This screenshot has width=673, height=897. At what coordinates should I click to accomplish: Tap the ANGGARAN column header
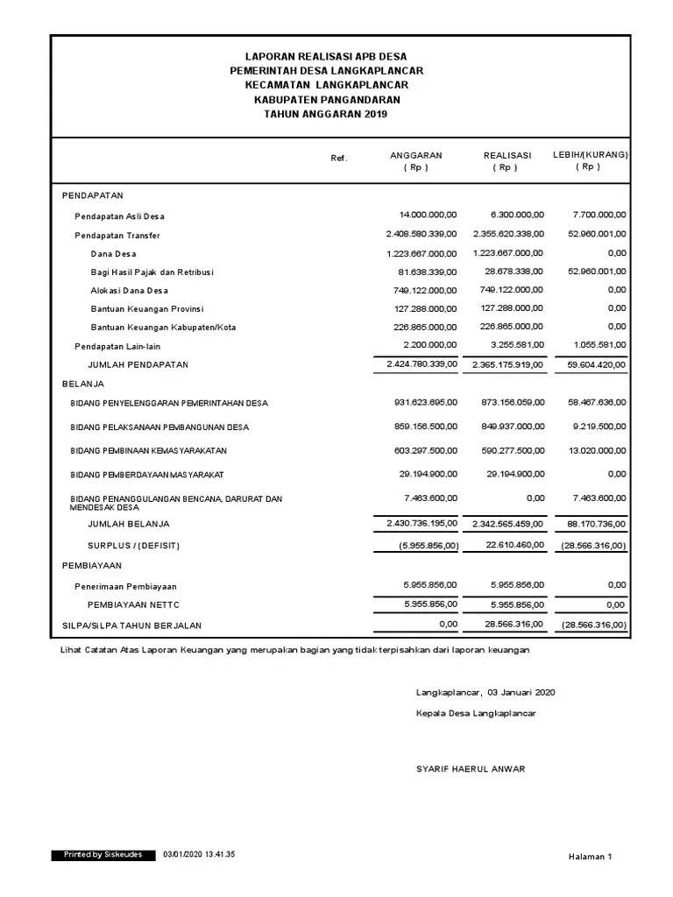[415, 155]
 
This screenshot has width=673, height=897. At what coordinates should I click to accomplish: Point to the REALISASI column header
[507, 155]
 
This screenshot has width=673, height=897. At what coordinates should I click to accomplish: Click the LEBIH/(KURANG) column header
[590, 155]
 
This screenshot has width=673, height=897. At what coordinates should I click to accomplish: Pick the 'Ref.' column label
[339, 159]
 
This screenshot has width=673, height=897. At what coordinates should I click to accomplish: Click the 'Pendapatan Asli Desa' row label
[119, 216]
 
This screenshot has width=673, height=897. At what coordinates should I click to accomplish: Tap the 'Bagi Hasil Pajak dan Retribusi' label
[152, 272]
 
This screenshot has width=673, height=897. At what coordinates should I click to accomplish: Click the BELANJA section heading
[83, 384]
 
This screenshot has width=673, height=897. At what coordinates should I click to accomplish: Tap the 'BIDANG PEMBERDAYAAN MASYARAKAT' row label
[147, 475]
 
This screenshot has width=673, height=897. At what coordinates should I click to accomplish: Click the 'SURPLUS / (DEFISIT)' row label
[133, 545]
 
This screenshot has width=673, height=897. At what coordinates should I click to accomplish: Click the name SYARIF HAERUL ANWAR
[471, 769]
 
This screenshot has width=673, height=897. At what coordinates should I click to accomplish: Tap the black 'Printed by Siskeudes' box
[103, 854]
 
